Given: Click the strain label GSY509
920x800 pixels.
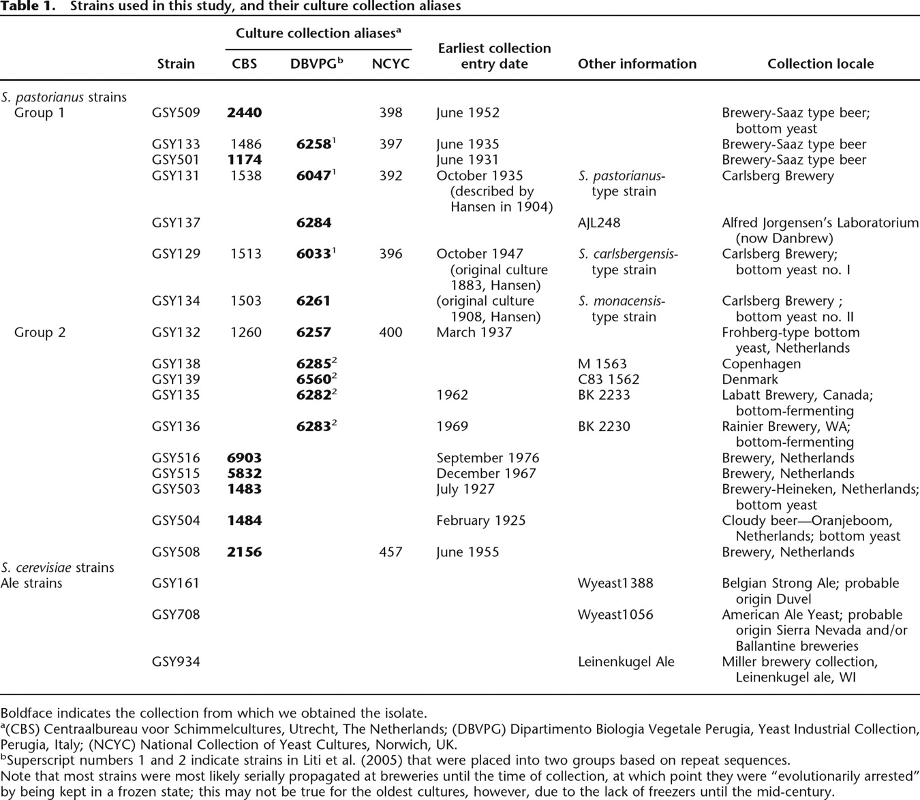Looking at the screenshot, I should [x=176, y=113].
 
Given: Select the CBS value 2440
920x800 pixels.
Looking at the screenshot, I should [x=244, y=113].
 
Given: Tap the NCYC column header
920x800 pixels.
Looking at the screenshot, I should [x=390, y=64].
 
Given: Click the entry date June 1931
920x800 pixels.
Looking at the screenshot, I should [x=467, y=160].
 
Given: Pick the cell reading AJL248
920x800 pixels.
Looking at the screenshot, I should [x=599, y=223].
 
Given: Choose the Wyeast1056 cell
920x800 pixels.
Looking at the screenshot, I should [x=615, y=615].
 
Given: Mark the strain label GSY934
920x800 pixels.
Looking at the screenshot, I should [x=176, y=662].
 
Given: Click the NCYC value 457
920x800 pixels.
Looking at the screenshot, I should [x=390, y=552].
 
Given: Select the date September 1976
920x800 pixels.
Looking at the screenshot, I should [x=487, y=458].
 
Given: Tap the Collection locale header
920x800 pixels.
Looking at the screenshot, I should [x=820, y=64].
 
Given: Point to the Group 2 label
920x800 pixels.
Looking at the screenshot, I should [x=40, y=333].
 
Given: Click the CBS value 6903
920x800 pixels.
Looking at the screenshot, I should [x=244, y=458].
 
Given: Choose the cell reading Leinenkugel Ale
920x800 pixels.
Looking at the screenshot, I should [x=626, y=662].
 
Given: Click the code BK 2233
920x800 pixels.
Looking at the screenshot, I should [x=604, y=396].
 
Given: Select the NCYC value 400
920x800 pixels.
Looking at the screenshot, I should [x=390, y=333].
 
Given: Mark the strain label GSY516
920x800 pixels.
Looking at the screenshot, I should [x=176, y=458].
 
